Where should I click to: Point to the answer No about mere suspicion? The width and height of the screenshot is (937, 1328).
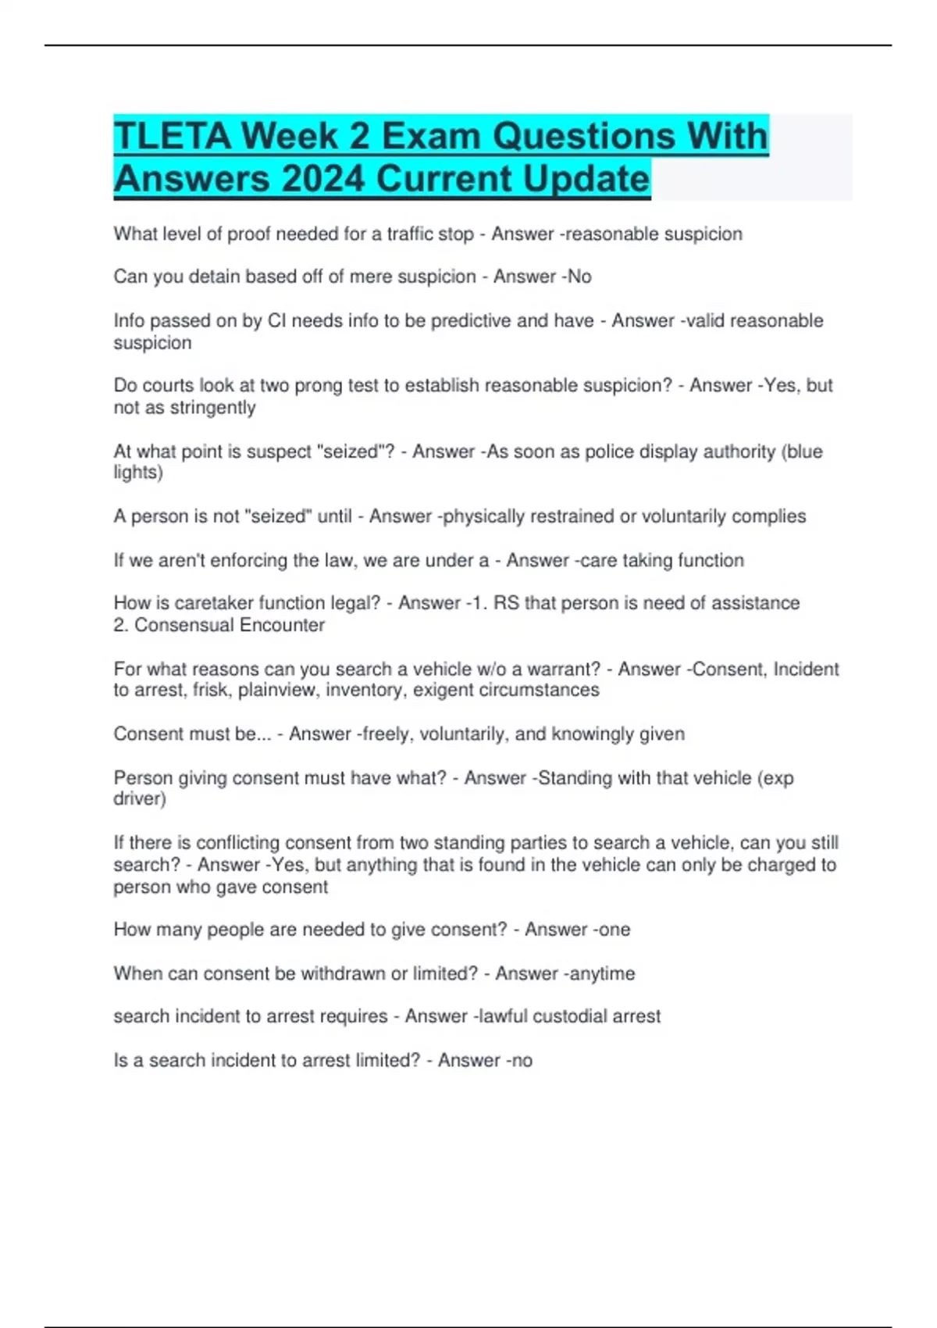(579, 277)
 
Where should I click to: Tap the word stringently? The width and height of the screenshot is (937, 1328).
(212, 408)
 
